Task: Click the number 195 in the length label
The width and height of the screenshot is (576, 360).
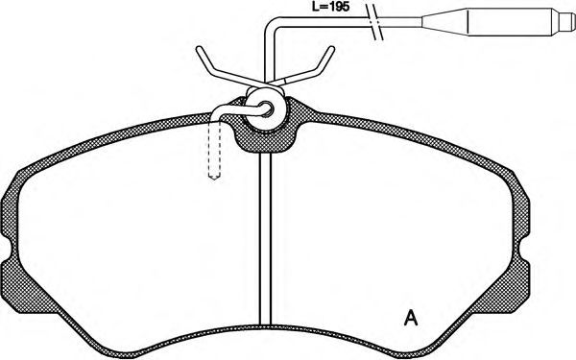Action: (x=338, y=7)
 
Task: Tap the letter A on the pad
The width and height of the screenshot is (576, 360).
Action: (x=411, y=318)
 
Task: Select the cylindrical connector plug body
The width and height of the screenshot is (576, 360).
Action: (x=510, y=22)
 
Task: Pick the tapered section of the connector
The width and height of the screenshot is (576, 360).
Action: (x=444, y=22)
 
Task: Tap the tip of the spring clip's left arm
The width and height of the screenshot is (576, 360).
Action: (x=199, y=49)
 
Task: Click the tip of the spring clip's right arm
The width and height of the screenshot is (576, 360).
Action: (x=332, y=49)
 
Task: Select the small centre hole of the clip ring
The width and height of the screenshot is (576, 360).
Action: (x=268, y=108)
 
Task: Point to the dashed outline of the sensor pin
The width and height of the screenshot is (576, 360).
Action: (x=214, y=150)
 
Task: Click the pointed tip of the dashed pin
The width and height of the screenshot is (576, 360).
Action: (x=214, y=180)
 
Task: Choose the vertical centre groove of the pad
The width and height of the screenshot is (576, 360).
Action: (x=265, y=239)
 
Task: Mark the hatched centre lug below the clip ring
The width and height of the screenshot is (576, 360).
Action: (x=265, y=141)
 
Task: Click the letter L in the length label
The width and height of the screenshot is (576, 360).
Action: (x=315, y=7)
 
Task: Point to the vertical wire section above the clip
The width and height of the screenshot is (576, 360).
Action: (x=269, y=59)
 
